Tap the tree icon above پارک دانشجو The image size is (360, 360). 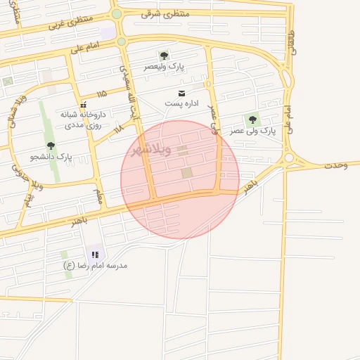[x=51, y=146]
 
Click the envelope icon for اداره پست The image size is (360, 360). [x=183, y=94]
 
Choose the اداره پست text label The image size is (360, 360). [x=182, y=104]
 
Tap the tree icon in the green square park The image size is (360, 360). [x=253, y=120]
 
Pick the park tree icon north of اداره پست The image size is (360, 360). [x=164, y=56]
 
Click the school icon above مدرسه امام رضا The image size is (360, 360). [x=95, y=255]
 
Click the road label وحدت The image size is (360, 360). [x=336, y=165]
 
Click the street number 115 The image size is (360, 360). [x=103, y=93]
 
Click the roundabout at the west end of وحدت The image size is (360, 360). [x=289, y=158]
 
